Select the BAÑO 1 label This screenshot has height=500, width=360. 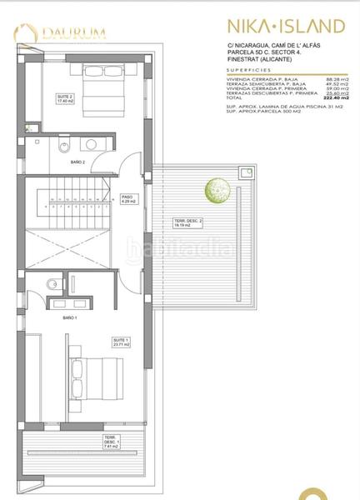click(x=70, y=317)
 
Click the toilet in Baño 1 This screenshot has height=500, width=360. click(x=52, y=282)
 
